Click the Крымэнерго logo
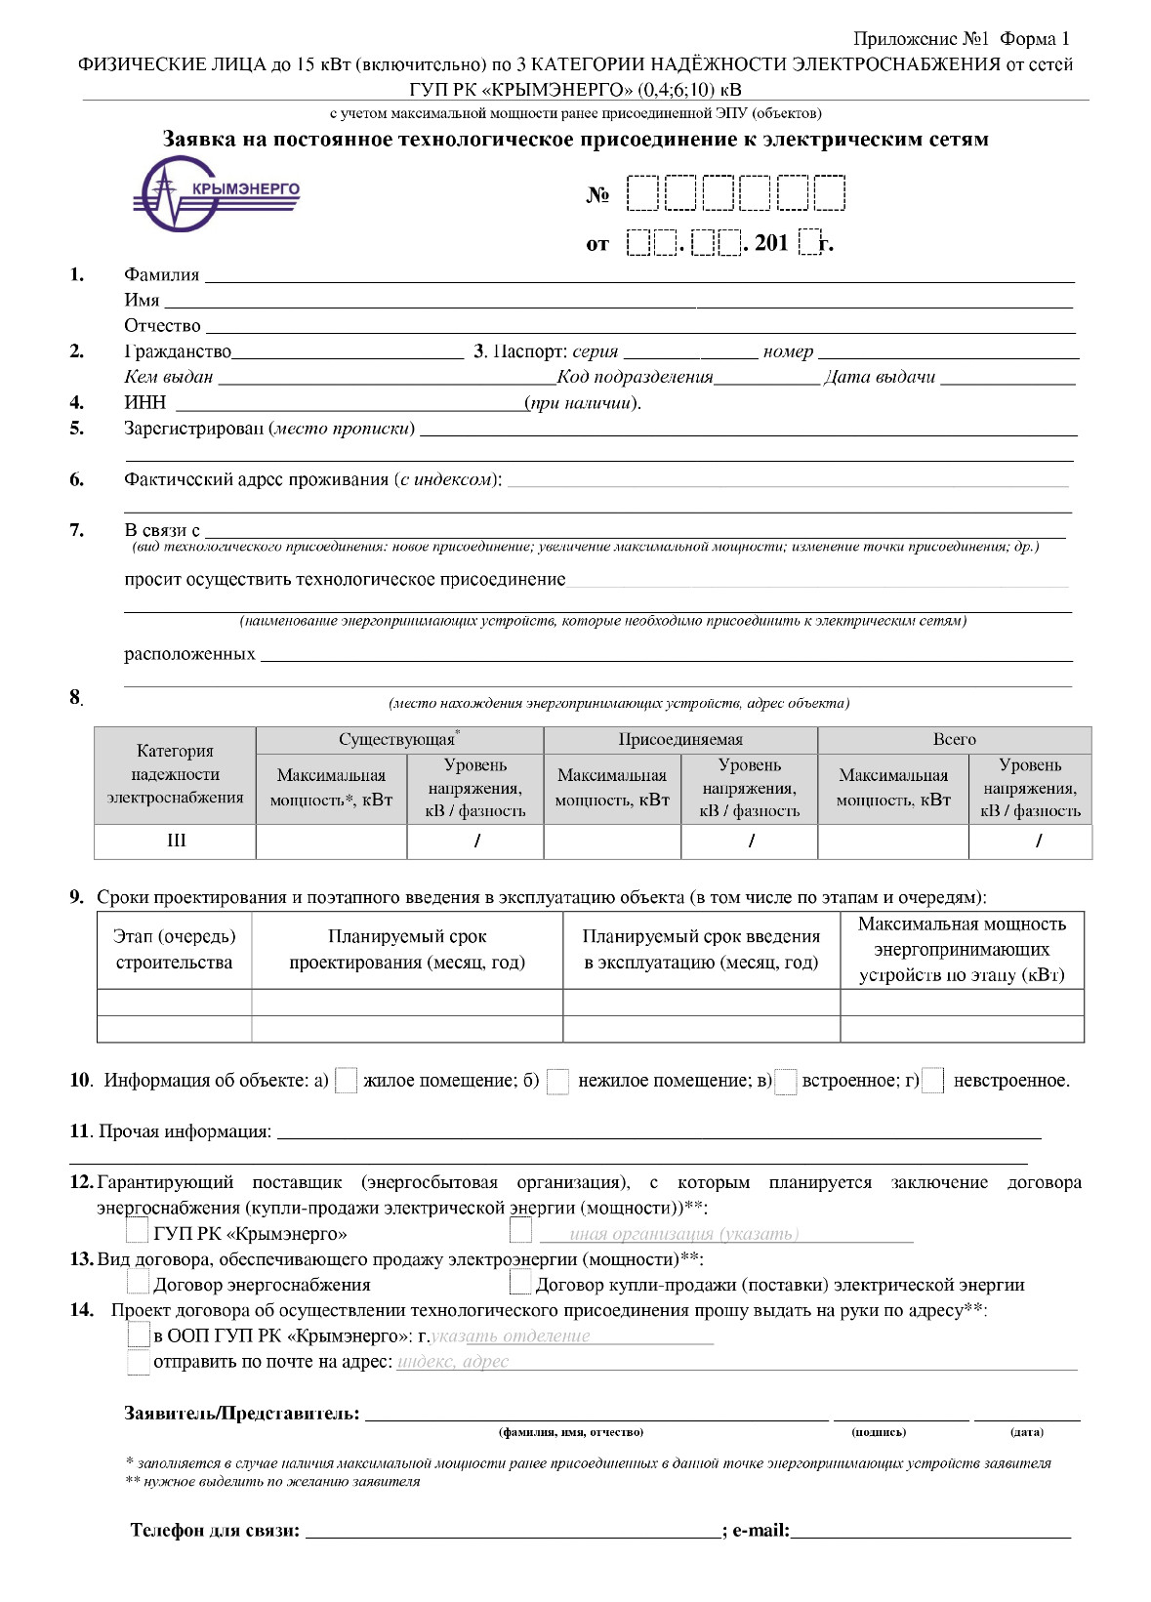click(x=217, y=193)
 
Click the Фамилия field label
click(x=161, y=275)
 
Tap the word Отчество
click(x=162, y=326)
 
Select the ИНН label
click(x=144, y=402)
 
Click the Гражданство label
click(x=178, y=351)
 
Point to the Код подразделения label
click(x=635, y=377)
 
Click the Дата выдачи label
click(x=880, y=377)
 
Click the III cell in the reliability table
click(x=176, y=841)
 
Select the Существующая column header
click(x=397, y=740)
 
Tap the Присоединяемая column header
click(x=680, y=740)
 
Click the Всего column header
click(x=954, y=740)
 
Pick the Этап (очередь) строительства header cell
click(x=175, y=950)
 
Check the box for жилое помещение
click(x=346, y=1081)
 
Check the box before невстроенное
click(x=933, y=1081)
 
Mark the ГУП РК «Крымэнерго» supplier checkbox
click(x=139, y=1232)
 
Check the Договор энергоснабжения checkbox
click(x=139, y=1283)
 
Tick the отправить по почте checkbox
click(x=139, y=1362)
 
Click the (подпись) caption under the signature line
click(x=879, y=1432)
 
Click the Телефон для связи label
click(x=215, y=1531)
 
